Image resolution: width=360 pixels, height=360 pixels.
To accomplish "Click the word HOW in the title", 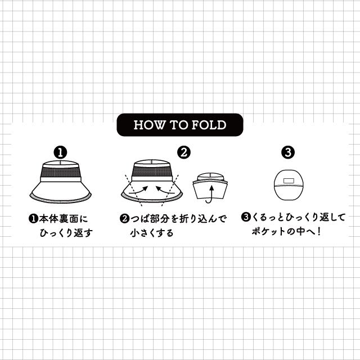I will [147, 125].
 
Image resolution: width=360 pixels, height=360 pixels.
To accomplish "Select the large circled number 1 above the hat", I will [60, 152].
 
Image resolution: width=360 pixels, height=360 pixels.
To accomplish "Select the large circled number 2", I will [184, 152].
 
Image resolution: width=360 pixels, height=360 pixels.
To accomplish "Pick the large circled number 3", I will [288, 152].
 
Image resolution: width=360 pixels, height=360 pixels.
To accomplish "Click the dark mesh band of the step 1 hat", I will [60, 173].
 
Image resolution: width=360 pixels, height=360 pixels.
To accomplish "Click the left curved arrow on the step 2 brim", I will [137, 191].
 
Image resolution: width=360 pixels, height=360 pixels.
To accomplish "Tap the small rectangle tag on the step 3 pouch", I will [288, 181].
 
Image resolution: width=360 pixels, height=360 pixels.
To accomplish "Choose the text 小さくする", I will [151, 232].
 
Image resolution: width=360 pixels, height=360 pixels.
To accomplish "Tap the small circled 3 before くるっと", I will [245, 217].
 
